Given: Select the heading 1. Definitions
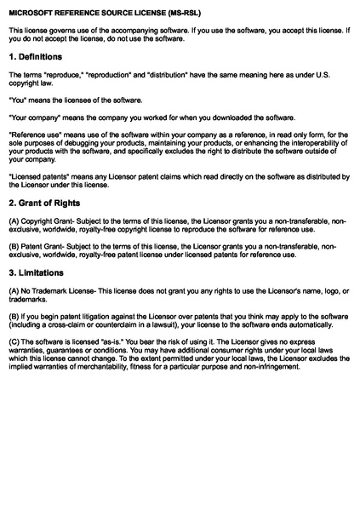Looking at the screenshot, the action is [x=36, y=57].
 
